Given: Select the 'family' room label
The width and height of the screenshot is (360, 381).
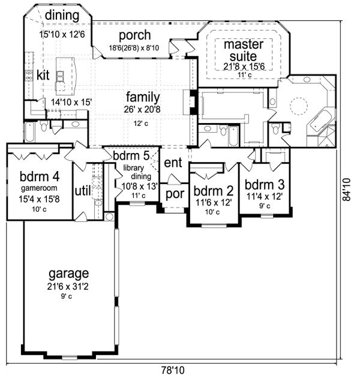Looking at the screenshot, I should [142, 97].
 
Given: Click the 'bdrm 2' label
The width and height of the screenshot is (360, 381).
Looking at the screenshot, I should [213, 191].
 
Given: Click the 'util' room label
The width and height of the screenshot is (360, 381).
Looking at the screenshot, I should [82, 190].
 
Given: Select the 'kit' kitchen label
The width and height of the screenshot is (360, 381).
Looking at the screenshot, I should [43, 75].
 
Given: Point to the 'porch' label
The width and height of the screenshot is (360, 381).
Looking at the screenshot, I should [134, 35].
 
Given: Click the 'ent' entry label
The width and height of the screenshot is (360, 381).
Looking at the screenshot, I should [173, 162].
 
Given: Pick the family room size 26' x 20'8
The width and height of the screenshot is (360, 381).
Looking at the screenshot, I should [143, 109].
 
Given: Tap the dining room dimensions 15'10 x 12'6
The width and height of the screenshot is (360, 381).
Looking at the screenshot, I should [62, 34].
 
